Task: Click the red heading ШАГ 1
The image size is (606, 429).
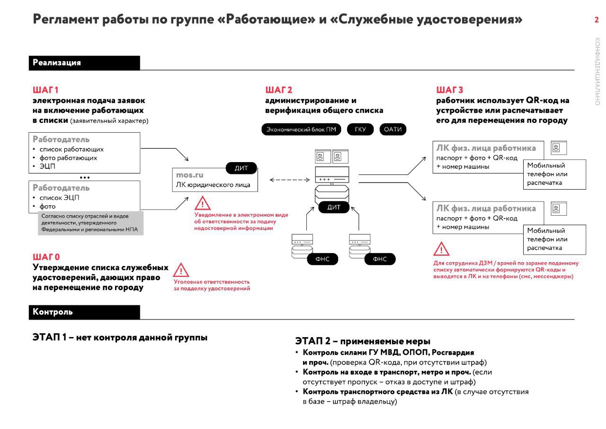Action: click(x=45, y=90)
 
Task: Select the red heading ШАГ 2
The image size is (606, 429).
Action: click(x=279, y=90)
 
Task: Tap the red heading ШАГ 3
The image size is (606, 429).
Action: click(x=450, y=90)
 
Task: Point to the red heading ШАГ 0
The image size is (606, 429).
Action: click(x=46, y=256)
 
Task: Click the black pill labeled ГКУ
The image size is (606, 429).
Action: click(x=360, y=129)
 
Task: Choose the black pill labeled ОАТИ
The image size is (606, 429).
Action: click(x=393, y=129)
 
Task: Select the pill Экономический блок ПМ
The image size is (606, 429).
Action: click(x=301, y=129)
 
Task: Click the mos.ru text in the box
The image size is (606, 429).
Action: click(x=189, y=175)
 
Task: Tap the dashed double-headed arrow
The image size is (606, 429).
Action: click(x=290, y=180)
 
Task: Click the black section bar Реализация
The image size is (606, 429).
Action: click(x=84, y=63)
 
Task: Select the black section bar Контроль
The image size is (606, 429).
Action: click(x=84, y=312)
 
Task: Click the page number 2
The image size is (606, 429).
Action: click(x=596, y=20)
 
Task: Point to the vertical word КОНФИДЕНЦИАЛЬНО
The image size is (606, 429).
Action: click(x=597, y=71)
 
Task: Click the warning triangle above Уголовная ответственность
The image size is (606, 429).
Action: click(x=181, y=270)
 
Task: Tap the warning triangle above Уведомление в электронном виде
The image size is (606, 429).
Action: click(x=202, y=203)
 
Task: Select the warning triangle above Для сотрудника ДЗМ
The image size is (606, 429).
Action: click(x=441, y=249)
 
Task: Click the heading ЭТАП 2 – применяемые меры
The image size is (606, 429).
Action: click(x=363, y=341)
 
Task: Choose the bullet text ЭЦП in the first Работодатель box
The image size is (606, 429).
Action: click(x=47, y=166)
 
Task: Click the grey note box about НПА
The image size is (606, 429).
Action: click(x=90, y=223)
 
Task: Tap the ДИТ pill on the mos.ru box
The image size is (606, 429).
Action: click(x=241, y=168)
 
